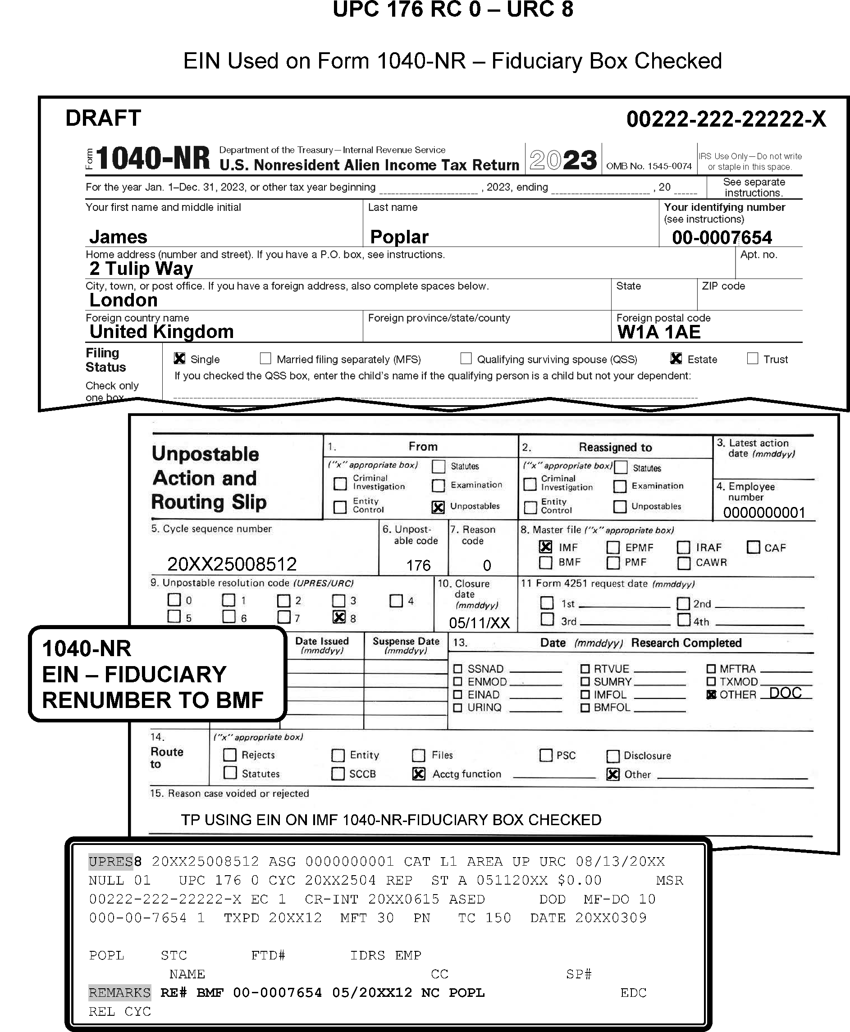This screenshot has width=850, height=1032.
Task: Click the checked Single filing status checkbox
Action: point(179,358)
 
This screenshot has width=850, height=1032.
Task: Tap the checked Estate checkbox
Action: point(676,358)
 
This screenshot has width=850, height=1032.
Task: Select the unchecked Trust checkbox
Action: point(752,358)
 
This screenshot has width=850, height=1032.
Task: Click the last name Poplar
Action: point(399,237)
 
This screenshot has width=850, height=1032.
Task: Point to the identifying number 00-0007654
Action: point(722,237)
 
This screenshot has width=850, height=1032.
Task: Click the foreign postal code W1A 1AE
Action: point(658,332)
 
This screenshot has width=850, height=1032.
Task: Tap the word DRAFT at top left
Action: point(103,118)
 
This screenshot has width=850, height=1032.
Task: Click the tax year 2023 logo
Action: point(563,160)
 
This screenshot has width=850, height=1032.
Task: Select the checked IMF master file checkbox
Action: point(545,546)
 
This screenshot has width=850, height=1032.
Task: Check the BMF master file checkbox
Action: point(545,562)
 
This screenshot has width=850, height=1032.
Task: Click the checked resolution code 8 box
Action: point(339,617)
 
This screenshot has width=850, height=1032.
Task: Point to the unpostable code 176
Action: point(418,566)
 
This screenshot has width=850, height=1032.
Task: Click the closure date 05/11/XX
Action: point(480,623)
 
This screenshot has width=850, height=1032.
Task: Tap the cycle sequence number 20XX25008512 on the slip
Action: point(232,564)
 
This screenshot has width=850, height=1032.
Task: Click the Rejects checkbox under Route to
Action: point(230,754)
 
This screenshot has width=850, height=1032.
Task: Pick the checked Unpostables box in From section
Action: point(438,507)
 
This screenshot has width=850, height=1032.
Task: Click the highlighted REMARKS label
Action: point(119,992)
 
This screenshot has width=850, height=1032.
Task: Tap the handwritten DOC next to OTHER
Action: point(785,693)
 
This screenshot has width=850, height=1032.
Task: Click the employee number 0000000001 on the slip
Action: point(764,512)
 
